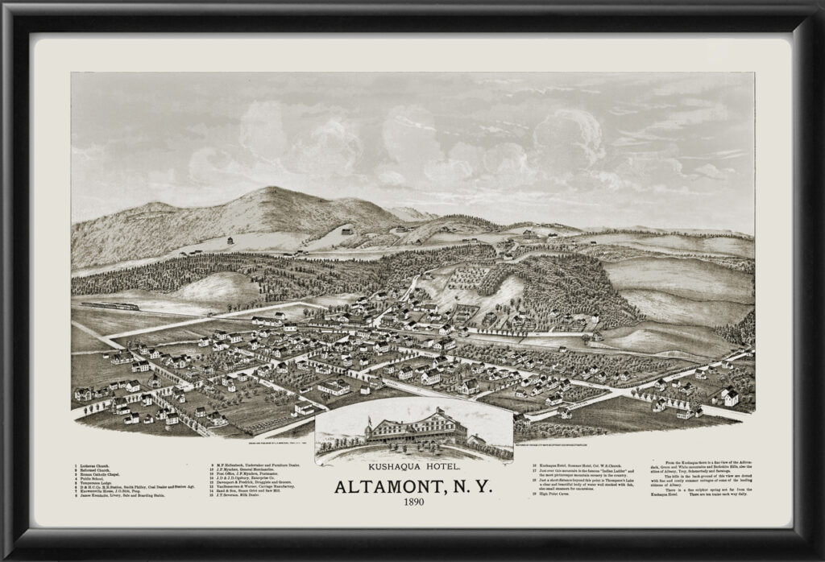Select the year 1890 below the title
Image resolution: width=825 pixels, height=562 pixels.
tap(412, 505)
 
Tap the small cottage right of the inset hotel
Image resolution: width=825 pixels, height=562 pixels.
tap(476, 441)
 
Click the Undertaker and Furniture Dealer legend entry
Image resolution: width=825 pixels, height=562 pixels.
tap(267, 465)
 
